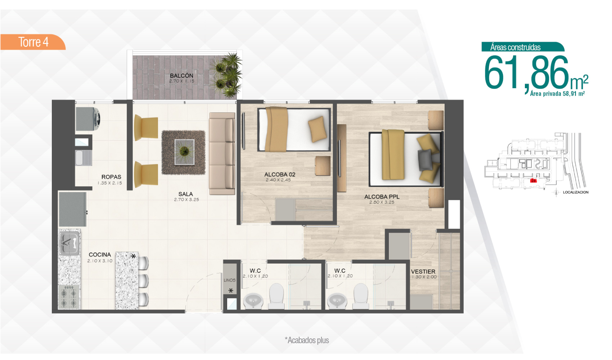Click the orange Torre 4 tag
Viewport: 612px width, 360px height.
(33, 42)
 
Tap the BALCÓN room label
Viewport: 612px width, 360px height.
(181, 75)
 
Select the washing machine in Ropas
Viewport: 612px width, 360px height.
(88, 119)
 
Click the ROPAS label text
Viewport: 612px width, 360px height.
(111, 177)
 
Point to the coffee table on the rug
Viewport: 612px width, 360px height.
(184, 152)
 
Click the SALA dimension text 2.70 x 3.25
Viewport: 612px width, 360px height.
(186, 200)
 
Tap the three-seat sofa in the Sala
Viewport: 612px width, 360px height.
(222, 153)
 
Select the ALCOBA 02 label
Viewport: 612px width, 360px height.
(280, 174)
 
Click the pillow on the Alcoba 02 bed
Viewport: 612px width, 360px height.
(318, 129)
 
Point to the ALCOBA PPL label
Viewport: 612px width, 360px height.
(382, 197)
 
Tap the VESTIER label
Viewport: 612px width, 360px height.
(423, 271)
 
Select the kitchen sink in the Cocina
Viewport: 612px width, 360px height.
(69, 243)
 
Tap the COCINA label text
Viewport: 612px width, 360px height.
(100, 255)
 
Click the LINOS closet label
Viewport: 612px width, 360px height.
(230, 280)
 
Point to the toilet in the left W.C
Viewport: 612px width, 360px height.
(276, 296)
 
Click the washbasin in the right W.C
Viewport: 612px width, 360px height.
(337, 301)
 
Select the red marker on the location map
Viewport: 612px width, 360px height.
(533, 181)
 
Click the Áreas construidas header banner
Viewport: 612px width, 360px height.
(523, 47)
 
